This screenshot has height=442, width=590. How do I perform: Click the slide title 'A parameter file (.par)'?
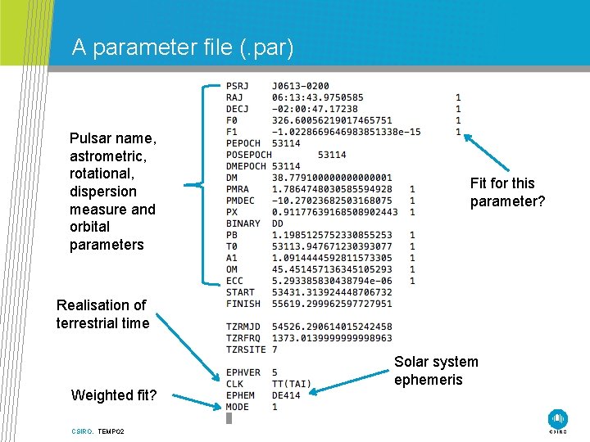point(182,47)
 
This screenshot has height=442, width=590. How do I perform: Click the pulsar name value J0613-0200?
point(301,86)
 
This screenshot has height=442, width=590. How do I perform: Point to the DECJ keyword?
point(238,109)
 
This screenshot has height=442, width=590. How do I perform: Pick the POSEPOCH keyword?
point(249,155)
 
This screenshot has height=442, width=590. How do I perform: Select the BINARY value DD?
point(278,223)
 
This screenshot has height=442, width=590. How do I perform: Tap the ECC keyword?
point(235,281)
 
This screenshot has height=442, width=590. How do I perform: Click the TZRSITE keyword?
point(247,350)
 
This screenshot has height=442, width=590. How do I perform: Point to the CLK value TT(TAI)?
point(292,384)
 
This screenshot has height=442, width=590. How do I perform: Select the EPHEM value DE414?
point(287,395)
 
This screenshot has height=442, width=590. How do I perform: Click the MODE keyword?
point(238,407)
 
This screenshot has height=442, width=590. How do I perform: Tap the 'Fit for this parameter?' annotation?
point(507,192)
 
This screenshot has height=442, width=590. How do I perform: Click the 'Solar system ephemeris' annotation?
point(436,371)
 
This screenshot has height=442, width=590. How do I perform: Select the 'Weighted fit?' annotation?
point(114,395)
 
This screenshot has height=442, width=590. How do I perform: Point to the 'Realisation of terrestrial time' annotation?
point(102,314)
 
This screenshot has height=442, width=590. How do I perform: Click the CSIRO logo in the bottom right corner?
point(559,419)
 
